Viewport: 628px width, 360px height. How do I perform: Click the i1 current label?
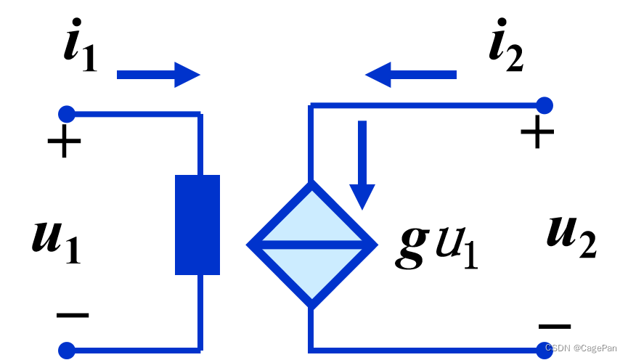click(81, 45)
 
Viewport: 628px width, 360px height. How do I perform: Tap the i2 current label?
click(506, 45)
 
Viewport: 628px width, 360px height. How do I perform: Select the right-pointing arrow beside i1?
click(158, 75)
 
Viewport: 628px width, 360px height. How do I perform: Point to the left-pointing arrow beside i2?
click(411, 75)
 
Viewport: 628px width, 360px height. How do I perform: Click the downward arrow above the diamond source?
click(362, 165)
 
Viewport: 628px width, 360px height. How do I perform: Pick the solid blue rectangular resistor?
click(197, 225)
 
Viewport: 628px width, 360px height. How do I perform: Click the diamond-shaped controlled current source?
click(312, 245)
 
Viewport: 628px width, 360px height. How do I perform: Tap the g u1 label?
click(436, 247)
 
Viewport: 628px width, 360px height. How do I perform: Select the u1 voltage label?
click(57, 242)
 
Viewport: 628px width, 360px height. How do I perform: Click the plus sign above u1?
click(64, 141)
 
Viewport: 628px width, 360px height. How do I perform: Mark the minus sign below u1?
click(73, 315)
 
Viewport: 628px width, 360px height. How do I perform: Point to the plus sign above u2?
click(537, 132)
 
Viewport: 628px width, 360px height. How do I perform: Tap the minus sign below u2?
click(555, 327)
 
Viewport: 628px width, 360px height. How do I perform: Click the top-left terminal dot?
click(67, 114)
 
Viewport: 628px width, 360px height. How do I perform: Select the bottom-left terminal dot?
click(67, 351)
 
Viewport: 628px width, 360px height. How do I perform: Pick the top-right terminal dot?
click(545, 105)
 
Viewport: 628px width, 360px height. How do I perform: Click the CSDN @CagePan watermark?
click(581, 348)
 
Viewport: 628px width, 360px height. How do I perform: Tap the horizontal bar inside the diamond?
click(312, 245)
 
